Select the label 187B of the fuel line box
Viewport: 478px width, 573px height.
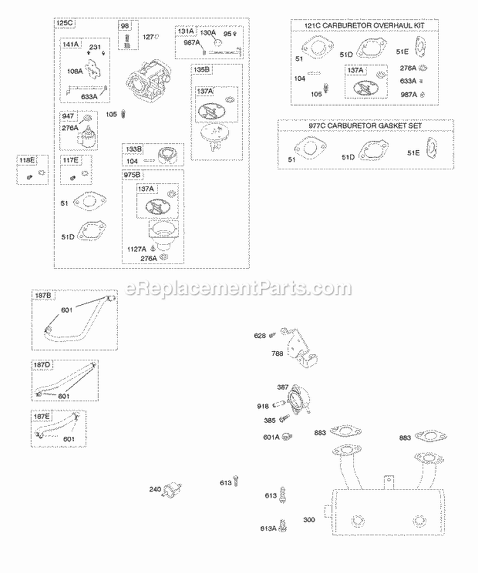pyautogui.click(x=44, y=295)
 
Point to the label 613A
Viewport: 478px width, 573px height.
pyautogui.click(x=268, y=528)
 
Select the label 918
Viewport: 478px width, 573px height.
pyautogui.click(x=263, y=406)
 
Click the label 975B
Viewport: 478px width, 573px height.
pyautogui.click(x=133, y=174)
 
